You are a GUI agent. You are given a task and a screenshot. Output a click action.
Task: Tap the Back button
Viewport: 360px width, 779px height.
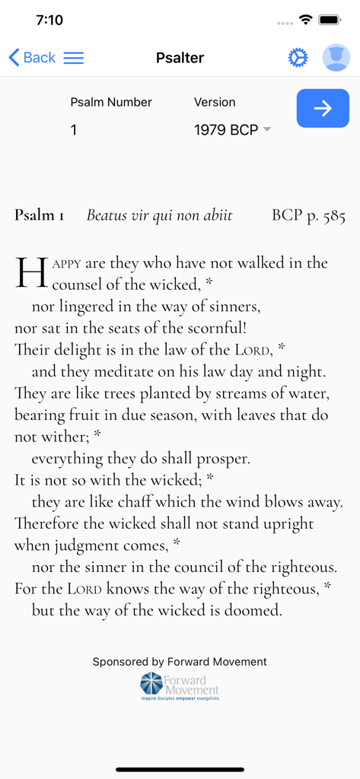[32, 58]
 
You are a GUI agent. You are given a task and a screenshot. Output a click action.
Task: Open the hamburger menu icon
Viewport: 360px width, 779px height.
[74, 58]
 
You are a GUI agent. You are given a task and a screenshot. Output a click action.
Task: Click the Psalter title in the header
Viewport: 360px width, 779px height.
[180, 58]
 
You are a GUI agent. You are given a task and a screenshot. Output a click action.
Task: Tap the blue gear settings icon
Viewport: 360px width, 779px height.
[298, 58]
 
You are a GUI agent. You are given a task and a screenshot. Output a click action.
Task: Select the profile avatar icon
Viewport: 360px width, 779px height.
[336, 58]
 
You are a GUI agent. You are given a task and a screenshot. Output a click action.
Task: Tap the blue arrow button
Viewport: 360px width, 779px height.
[323, 108]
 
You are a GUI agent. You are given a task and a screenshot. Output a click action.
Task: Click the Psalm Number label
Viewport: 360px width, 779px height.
[111, 102]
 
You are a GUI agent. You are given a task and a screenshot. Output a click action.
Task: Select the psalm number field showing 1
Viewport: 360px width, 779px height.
[74, 130]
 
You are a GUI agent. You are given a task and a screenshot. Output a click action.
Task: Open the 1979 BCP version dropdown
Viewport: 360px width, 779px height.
[232, 130]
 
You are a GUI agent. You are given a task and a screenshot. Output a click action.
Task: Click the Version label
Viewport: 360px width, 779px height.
[215, 102]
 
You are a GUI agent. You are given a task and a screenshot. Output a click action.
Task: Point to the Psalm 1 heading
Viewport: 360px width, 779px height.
[40, 215]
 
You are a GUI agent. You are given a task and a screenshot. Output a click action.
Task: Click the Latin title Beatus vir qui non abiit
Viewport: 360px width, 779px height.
[159, 215]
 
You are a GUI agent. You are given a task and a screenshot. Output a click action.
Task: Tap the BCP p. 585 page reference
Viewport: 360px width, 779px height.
[308, 215]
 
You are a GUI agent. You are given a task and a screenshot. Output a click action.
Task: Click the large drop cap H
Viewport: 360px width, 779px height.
[31, 273]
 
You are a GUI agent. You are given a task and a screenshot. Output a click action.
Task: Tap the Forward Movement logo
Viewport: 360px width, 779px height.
[180, 685]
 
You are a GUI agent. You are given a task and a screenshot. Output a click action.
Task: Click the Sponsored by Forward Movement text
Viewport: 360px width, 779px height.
[180, 662]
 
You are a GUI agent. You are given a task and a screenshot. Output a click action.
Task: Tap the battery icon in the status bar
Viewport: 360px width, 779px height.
[330, 20]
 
